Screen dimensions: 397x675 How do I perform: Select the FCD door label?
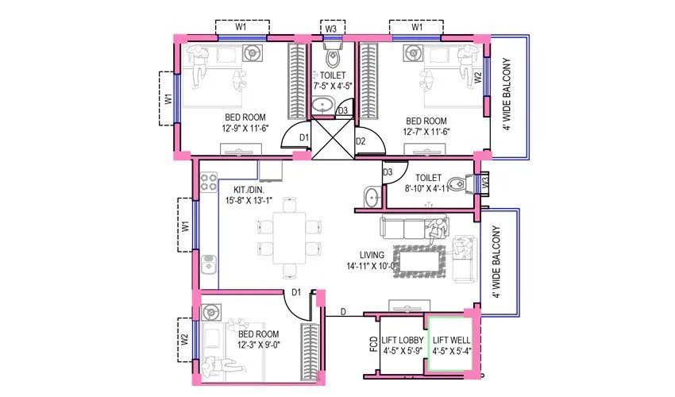(x=372, y=346)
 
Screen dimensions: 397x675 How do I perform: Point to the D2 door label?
(x=360, y=142)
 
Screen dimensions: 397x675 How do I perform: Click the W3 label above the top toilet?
(x=331, y=29)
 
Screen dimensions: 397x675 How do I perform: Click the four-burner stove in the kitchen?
(x=208, y=183)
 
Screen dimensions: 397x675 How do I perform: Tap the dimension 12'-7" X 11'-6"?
(x=426, y=131)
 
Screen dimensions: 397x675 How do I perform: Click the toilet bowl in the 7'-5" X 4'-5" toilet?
(x=332, y=58)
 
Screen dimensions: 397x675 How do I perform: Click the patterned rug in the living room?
(x=422, y=261)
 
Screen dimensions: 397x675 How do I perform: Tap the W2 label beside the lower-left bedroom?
(x=184, y=339)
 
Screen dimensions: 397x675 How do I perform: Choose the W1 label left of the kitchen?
(x=184, y=226)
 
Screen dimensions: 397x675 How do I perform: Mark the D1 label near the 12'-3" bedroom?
(x=295, y=293)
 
